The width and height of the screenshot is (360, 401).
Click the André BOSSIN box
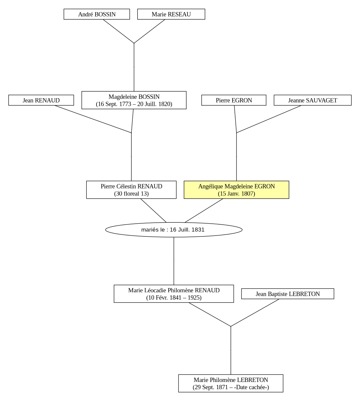97,14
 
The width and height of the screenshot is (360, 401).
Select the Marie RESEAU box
171,14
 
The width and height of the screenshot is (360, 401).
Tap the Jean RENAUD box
41,100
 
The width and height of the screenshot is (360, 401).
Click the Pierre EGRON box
234,100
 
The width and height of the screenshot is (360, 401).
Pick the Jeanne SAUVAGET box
312,100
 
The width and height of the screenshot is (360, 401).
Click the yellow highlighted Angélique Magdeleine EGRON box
236,189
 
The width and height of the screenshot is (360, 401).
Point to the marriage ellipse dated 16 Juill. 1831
174,230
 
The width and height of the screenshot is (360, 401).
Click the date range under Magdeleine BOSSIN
134,104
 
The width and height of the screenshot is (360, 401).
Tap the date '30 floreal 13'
131,193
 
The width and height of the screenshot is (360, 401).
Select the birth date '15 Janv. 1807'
236,193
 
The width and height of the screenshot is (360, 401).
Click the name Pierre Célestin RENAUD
131,186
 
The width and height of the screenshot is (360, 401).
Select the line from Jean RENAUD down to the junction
93,119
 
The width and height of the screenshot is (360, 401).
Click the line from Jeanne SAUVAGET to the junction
269,119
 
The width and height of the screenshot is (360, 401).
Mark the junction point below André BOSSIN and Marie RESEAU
134,43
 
